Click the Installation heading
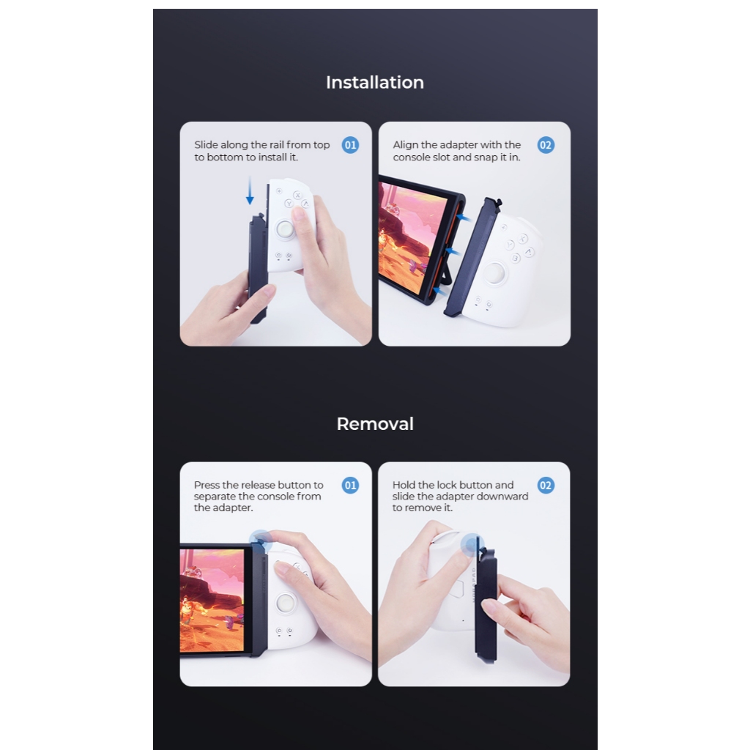point(375,82)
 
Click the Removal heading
point(375,424)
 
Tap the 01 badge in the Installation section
point(350,145)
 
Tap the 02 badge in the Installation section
point(546,145)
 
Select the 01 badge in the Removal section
point(350,486)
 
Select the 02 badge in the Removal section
point(546,486)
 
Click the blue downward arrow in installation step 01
point(250,190)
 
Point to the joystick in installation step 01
point(285,229)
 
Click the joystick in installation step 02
point(494,273)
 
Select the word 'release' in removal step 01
point(258,485)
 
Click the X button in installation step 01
point(297,195)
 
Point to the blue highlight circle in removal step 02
point(472,545)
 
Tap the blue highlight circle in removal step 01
point(261,542)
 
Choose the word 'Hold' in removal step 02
point(404,485)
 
